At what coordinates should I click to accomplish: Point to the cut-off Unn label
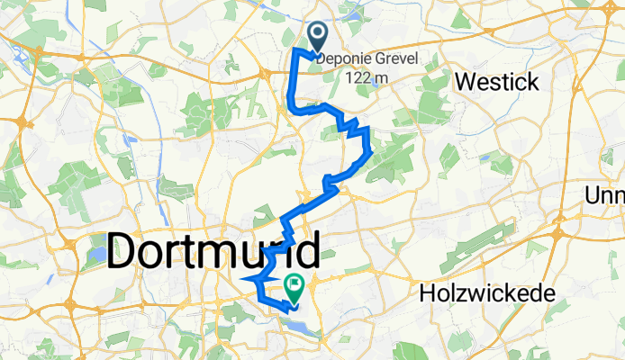(604, 195)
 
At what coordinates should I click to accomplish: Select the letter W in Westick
(465, 82)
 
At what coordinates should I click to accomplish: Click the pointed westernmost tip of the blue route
(242, 280)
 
